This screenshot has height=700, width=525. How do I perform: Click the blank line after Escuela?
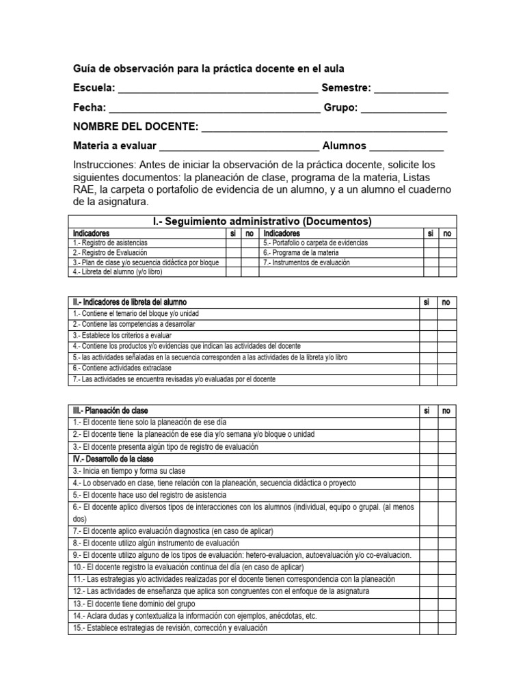[x=217, y=90]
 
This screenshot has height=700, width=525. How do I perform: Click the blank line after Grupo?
[x=404, y=110]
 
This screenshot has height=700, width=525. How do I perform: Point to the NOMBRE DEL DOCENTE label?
[x=136, y=127]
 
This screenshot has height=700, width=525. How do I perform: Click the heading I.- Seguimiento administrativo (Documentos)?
[x=262, y=221]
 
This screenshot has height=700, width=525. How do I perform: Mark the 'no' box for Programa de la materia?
[x=448, y=253]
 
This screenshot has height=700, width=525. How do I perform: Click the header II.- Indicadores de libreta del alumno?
[x=130, y=302]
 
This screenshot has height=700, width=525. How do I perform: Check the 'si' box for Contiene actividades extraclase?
[x=429, y=368]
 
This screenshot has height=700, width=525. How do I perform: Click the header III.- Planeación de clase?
[x=110, y=411]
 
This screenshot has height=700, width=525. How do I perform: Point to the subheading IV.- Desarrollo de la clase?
[x=113, y=459]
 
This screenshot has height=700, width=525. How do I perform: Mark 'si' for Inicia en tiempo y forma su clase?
[x=429, y=471]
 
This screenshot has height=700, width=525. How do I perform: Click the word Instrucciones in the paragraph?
[x=105, y=166]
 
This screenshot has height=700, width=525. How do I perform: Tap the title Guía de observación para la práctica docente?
[x=208, y=69]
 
